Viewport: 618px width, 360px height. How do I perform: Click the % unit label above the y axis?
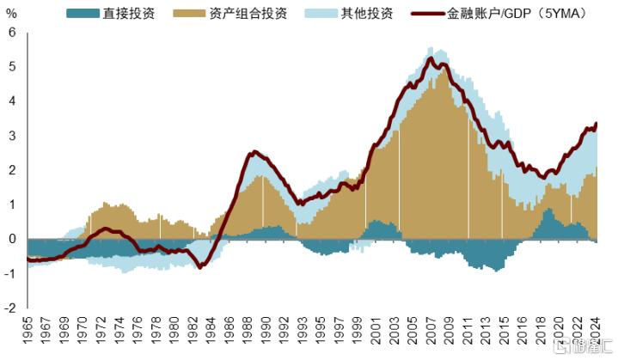coord(11,14)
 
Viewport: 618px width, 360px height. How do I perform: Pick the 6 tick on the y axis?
coord(12,33)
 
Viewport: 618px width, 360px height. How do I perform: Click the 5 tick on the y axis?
coord(12,67)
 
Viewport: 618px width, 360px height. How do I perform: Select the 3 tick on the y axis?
coord(12,136)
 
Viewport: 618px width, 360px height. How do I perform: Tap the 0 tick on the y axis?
coord(12,239)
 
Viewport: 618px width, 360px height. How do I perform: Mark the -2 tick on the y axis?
coord(9,308)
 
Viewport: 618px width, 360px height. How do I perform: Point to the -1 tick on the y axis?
coord(9,273)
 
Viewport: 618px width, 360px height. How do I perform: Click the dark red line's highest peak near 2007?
coord(430,58)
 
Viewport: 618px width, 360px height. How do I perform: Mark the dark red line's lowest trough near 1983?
coord(201,267)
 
